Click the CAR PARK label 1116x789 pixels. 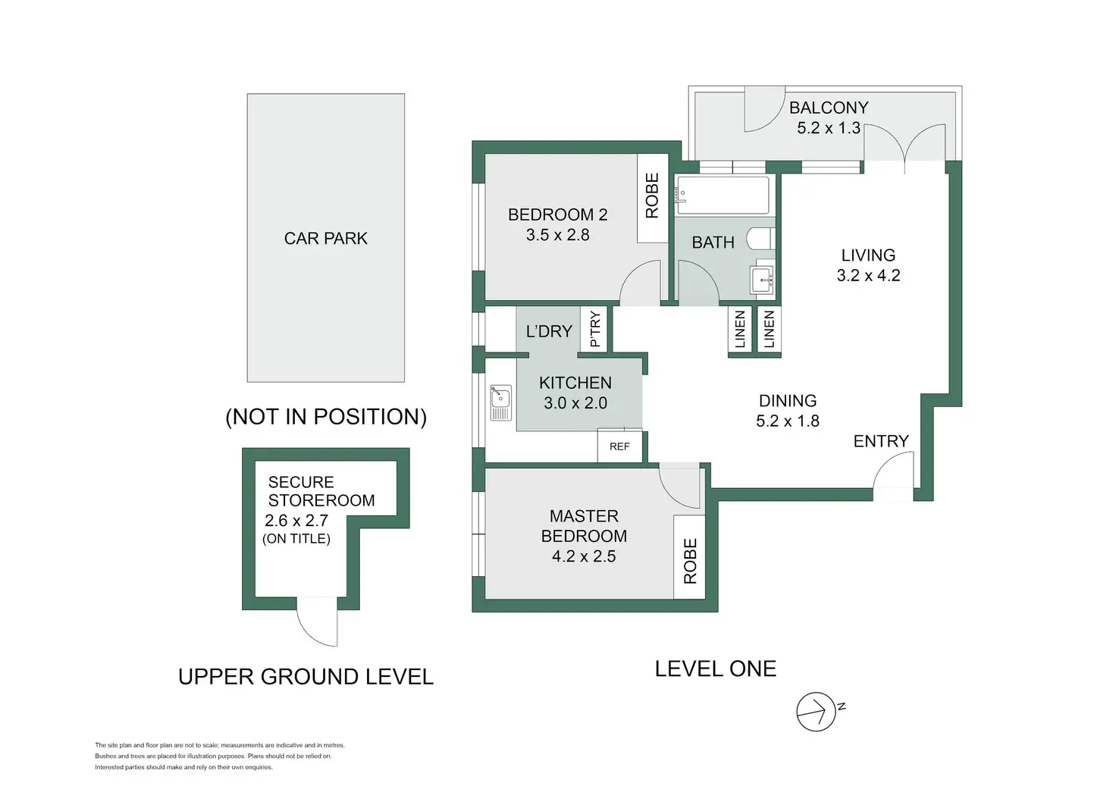325,239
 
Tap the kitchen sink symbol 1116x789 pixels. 500,402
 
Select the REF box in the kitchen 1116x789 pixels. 619,446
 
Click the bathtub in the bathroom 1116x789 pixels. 723,195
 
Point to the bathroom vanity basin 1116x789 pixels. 762,280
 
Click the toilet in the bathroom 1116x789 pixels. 760,239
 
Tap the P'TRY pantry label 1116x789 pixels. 595,329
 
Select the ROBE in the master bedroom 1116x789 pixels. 690,561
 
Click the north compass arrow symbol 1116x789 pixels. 817,712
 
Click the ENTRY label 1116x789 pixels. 880,441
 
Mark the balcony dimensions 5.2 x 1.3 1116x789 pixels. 828,128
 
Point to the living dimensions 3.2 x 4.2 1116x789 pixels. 868,276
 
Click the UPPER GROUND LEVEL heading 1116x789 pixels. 306,677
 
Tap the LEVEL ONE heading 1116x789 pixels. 715,668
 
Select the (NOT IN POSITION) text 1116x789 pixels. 326,417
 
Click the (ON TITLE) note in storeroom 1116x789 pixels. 296,539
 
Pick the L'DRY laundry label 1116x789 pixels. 549,331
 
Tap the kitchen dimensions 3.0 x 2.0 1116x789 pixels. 575,403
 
